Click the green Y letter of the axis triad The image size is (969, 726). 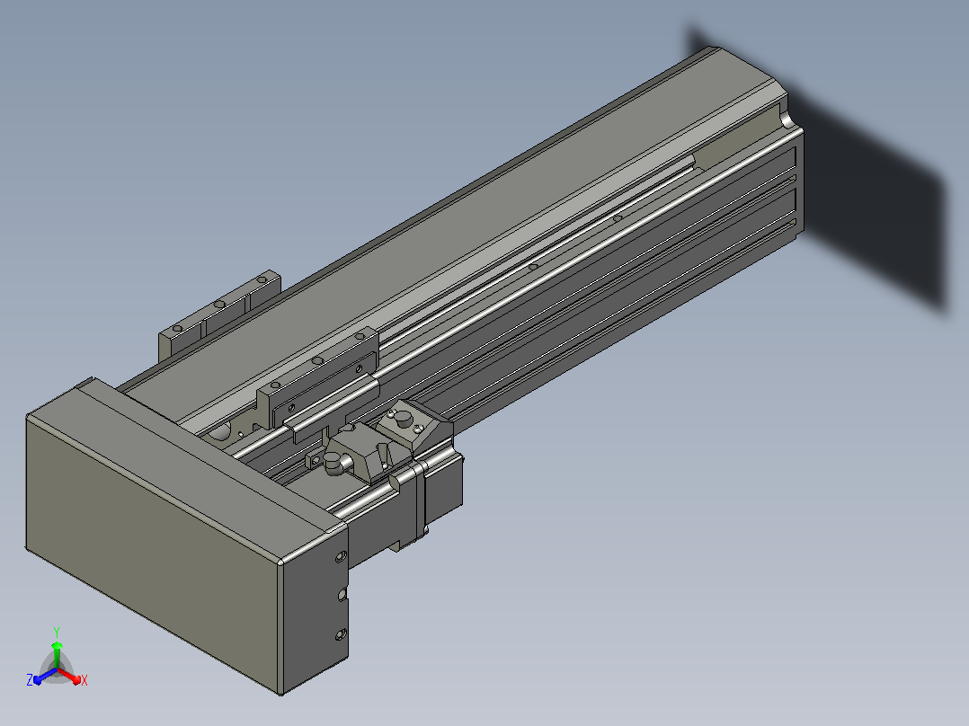pyautogui.click(x=57, y=633)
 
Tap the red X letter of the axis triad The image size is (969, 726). pyautogui.click(x=84, y=680)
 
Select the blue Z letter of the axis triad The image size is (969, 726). pyautogui.click(x=30, y=680)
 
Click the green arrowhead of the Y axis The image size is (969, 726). pyautogui.click(x=57, y=646)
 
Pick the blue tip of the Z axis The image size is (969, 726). pyautogui.click(x=38, y=680)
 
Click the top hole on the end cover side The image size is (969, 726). pyautogui.click(x=340, y=557)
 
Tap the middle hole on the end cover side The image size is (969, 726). pyautogui.click(x=342, y=595)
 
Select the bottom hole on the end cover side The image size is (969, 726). pyautogui.click(x=341, y=634)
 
